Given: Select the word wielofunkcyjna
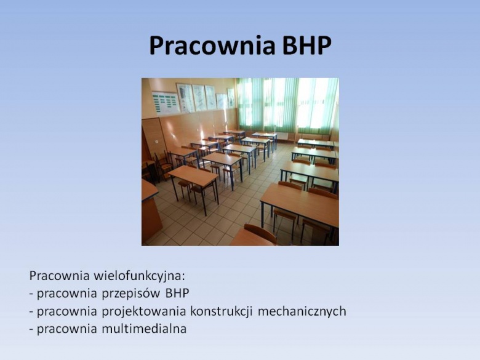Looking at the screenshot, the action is tap(137, 276).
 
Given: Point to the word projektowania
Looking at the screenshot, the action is tap(144, 311).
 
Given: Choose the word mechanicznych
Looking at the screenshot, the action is tap(302, 311).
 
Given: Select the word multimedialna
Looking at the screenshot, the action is tap(144, 329).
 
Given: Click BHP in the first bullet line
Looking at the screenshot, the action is tap(177, 294).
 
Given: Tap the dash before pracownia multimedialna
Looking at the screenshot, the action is tap(31, 330).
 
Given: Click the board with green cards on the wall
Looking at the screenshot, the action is tap(166, 102).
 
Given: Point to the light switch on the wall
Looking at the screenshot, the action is tap(156, 142).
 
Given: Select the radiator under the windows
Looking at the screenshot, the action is tap(283, 136).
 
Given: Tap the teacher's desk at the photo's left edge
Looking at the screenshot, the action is tap(151, 211).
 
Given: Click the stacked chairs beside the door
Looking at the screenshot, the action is tap(163, 166).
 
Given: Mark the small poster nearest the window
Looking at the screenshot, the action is tap(231, 98).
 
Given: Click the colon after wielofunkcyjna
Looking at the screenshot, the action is tap(184, 278).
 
